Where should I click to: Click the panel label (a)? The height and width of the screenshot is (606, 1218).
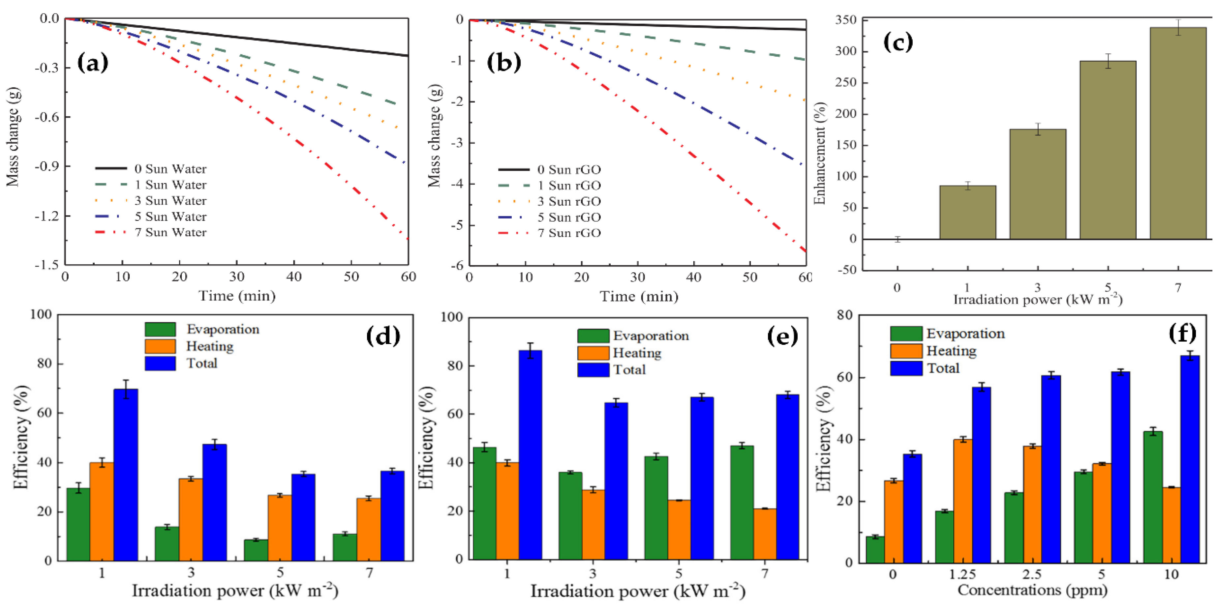pyautogui.click(x=93, y=62)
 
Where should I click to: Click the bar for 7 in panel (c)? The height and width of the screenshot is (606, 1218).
pyautogui.click(x=1178, y=133)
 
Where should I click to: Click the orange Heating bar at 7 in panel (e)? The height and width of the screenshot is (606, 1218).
pyautogui.click(x=765, y=534)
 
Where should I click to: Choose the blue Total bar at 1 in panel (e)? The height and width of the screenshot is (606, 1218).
pyautogui.click(x=531, y=455)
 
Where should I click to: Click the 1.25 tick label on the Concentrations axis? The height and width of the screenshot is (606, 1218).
pyautogui.click(x=963, y=574)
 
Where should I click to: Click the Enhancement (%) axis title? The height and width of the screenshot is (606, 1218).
pyautogui.click(x=819, y=153)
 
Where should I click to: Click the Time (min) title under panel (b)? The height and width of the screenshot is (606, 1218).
pyautogui.click(x=639, y=296)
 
